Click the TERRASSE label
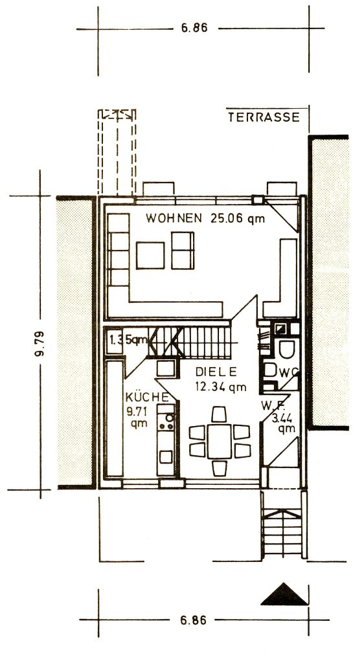click(264, 117)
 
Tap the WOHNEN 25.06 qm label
click(205, 219)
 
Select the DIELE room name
click(216, 372)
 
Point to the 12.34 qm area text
click(221, 386)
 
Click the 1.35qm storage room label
click(128, 339)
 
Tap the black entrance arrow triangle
click(284, 594)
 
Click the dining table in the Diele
click(220, 442)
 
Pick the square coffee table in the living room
click(150, 255)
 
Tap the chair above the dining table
click(219, 414)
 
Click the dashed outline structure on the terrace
click(117, 152)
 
